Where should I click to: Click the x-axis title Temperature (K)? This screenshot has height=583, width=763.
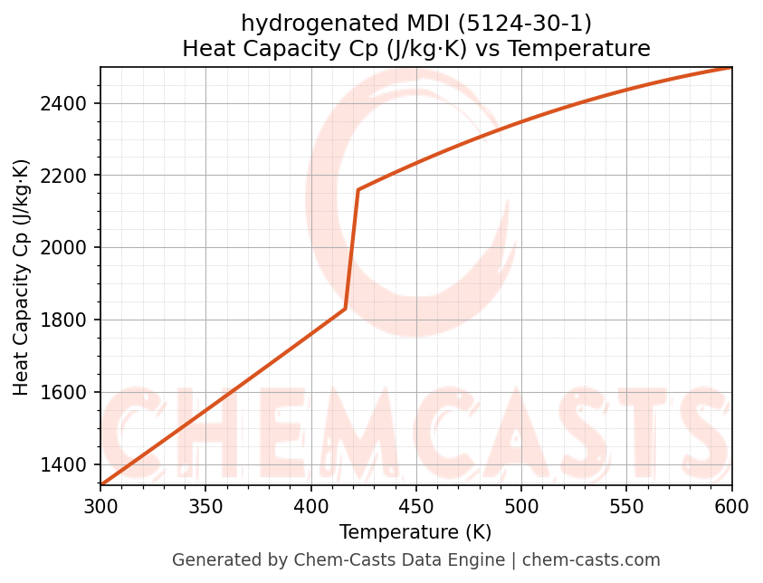[x=415, y=532]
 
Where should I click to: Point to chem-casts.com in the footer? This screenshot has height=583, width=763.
[x=591, y=560]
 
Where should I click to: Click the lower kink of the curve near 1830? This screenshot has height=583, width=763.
[x=346, y=309]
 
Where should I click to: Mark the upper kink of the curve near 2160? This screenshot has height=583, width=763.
[x=358, y=190]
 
